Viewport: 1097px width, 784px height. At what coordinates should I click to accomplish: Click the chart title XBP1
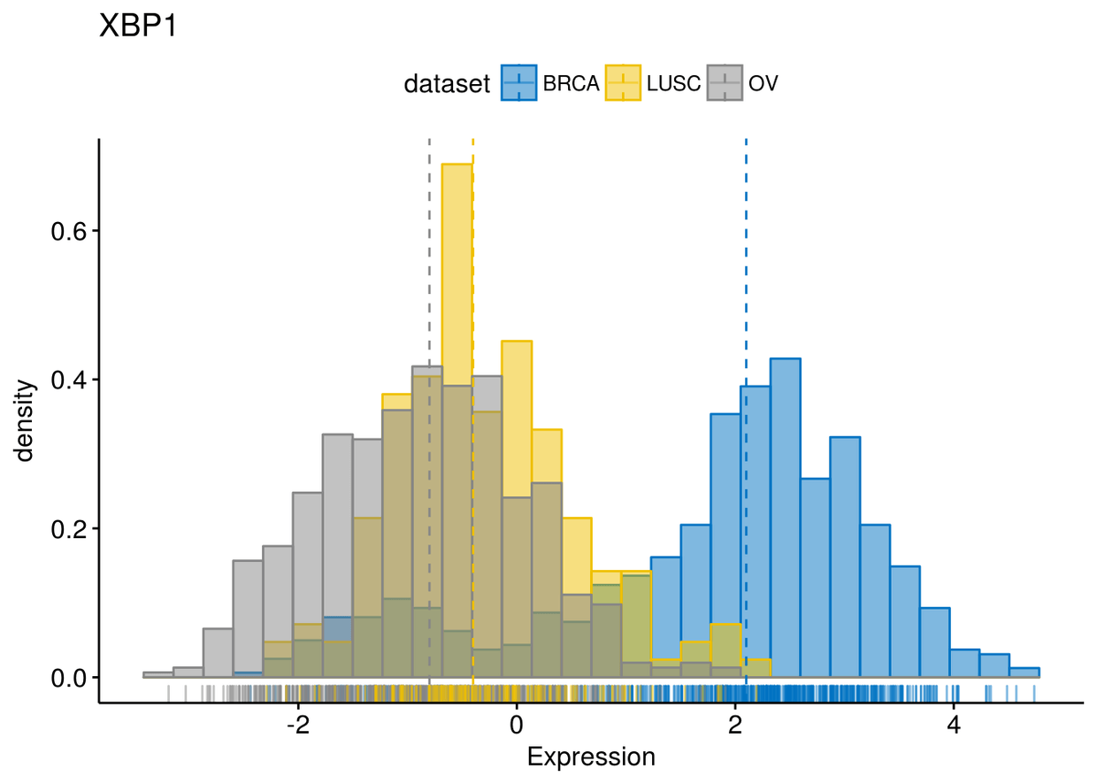pyautogui.click(x=138, y=26)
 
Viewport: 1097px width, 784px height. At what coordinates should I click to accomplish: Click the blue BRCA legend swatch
pyautogui.click(x=518, y=83)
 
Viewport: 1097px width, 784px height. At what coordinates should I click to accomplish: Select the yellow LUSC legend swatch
pyautogui.click(x=623, y=83)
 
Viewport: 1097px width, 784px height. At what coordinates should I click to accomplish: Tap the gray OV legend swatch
pyautogui.click(x=725, y=83)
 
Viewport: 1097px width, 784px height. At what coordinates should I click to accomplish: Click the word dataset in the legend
pyautogui.click(x=447, y=84)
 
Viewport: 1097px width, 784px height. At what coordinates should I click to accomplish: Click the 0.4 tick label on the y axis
pyautogui.click(x=69, y=380)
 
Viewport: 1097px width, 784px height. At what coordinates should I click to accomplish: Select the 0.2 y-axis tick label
pyautogui.click(x=69, y=529)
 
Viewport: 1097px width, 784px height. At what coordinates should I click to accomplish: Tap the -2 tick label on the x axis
pyautogui.click(x=298, y=726)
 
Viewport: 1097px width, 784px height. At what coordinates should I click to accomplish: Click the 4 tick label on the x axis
pyautogui.click(x=954, y=726)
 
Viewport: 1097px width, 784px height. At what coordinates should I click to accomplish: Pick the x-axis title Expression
pyautogui.click(x=591, y=757)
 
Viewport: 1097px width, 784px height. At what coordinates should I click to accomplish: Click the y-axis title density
pyautogui.click(x=24, y=420)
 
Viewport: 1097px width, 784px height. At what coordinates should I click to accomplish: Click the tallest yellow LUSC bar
pyautogui.click(x=457, y=420)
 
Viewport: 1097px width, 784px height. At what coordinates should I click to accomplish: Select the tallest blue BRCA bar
pyautogui.click(x=786, y=518)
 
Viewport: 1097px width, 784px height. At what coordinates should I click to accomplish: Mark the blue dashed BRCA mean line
pyautogui.click(x=747, y=411)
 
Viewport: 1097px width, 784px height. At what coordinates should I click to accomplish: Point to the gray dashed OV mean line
pyautogui.click(x=429, y=411)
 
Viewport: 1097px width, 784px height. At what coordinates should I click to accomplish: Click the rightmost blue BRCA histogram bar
pyautogui.click(x=1024, y=673)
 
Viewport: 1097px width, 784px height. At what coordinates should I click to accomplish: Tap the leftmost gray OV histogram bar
pyautogui.click(x=158, y=675)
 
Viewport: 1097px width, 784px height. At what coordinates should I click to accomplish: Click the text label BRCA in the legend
pyautogui.click(x=571, y=84)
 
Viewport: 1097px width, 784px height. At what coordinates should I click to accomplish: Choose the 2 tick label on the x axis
pyautogui.click(x=735, y=726)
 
